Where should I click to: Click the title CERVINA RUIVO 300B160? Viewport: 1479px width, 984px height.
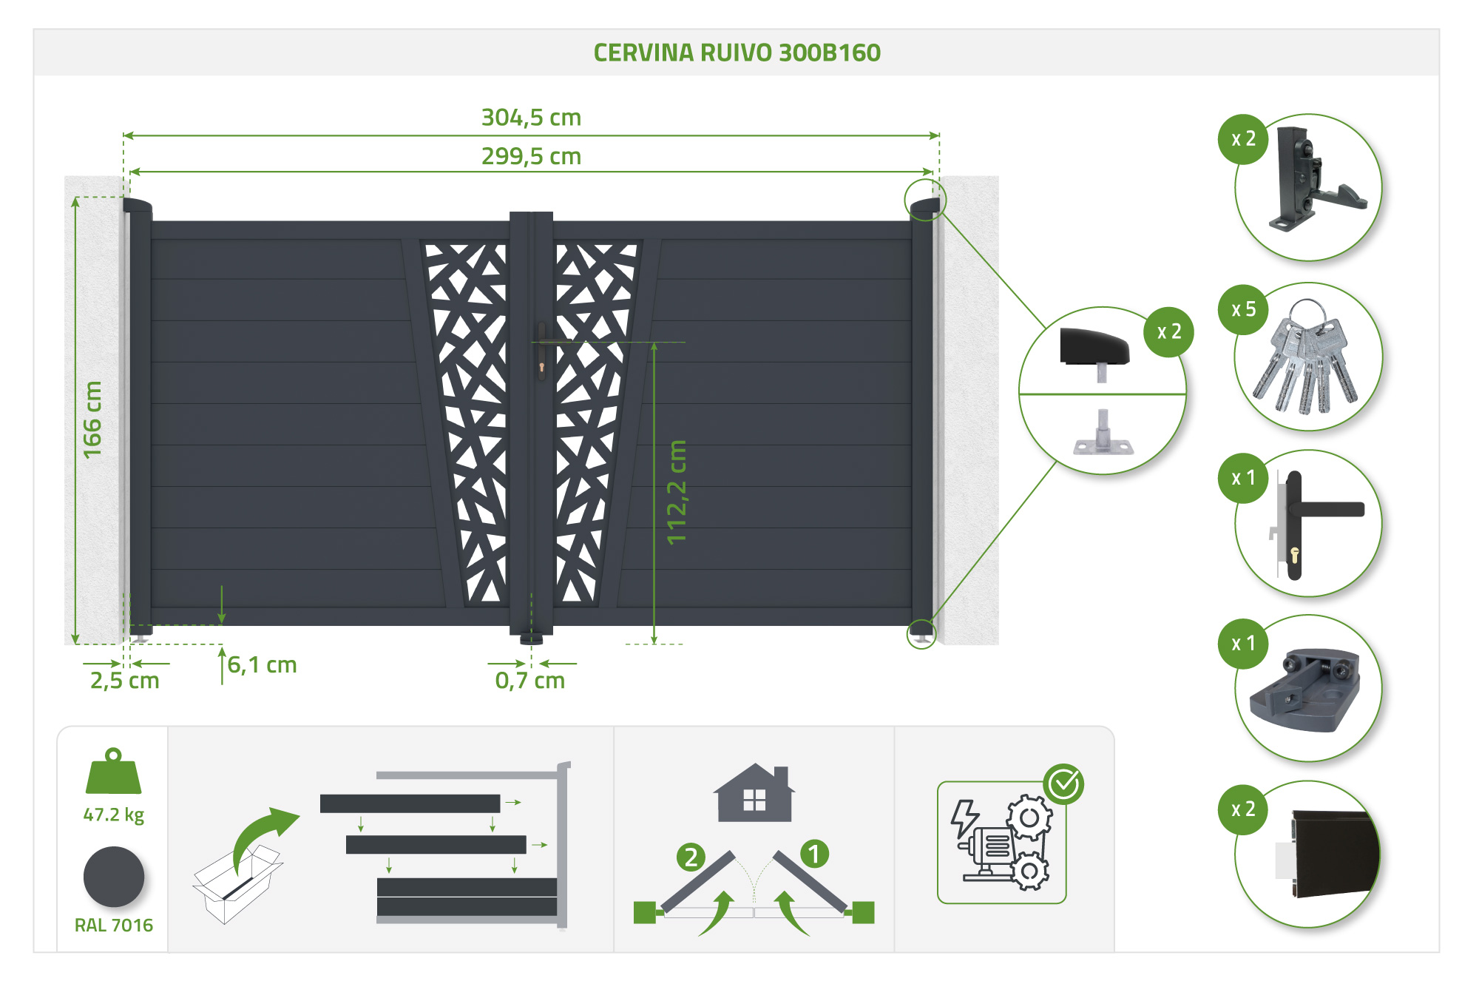point(737,53)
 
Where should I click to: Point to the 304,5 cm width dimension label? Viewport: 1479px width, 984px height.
point(531,118)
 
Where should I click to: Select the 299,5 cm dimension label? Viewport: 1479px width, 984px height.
point(531,157)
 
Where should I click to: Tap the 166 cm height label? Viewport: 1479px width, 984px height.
point(92,419)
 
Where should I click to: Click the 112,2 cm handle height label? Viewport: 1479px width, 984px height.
point(677,492)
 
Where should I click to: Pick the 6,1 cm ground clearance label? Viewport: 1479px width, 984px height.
point(262,665)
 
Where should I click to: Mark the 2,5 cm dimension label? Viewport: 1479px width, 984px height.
point(124,681)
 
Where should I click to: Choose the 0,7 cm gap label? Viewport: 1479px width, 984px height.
point(529,681)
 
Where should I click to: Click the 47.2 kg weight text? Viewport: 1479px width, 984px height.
point(113,815)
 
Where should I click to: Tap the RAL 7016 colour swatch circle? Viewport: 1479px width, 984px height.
point(114,877)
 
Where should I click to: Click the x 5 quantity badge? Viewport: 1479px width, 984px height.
point(1243,309)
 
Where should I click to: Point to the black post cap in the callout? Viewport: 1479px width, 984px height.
point(1094,346)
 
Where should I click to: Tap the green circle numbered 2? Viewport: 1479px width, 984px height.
point(691,857)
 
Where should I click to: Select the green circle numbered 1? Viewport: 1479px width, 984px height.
point(814,854)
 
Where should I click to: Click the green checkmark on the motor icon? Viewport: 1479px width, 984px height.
point(1063,784)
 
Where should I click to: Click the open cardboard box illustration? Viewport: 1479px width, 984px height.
point(237,884)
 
